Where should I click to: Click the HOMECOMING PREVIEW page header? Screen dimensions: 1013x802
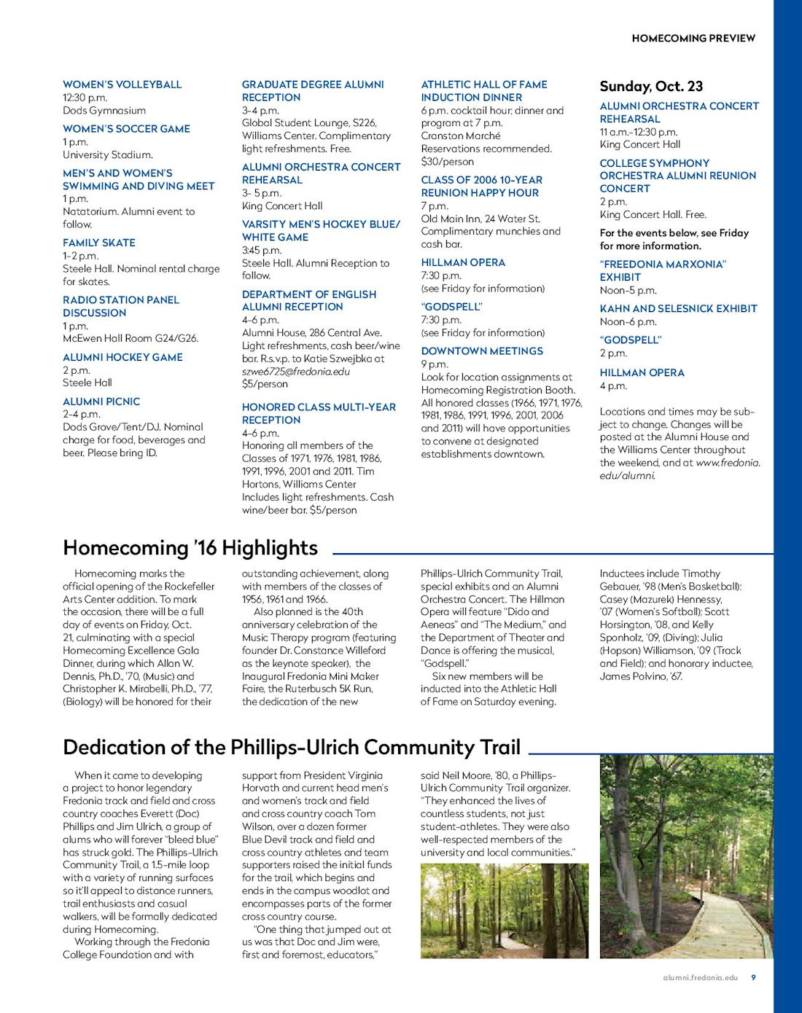(x=693, y=38)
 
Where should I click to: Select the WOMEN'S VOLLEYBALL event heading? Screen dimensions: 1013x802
(x=122, y=85)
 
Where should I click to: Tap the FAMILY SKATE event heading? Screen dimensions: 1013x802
(x=98, y=243)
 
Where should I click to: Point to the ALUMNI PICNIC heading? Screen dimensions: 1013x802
(x=101, y=402)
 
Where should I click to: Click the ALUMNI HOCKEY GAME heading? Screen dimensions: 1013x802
(x=122, y=357)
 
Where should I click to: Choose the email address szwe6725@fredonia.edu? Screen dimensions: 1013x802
(x=295, y=372)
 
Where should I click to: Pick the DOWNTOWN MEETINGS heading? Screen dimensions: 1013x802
(x=481, y=351)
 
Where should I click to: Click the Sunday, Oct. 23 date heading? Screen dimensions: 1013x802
(x=650, y=87)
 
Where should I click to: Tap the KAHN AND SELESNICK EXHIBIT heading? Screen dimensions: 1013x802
(x=678, y=309)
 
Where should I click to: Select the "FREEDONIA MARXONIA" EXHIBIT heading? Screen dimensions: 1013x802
(x=662, y=270)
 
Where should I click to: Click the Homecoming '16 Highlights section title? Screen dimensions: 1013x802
(x=190, y=548)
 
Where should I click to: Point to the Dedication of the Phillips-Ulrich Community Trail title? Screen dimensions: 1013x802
(x=292, y=748)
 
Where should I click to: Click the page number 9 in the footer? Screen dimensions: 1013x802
(x=753, y=977)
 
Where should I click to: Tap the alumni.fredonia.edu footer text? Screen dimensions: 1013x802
(x=700, y=977)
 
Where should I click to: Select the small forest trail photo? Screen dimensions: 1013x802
(x=504, y=911)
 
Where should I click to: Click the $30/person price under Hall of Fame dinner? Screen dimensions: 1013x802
(x=447, y=162)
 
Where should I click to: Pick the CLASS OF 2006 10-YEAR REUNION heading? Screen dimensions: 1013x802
(x=480, y=187)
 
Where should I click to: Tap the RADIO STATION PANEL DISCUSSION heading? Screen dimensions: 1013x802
(x=120, y=306)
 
